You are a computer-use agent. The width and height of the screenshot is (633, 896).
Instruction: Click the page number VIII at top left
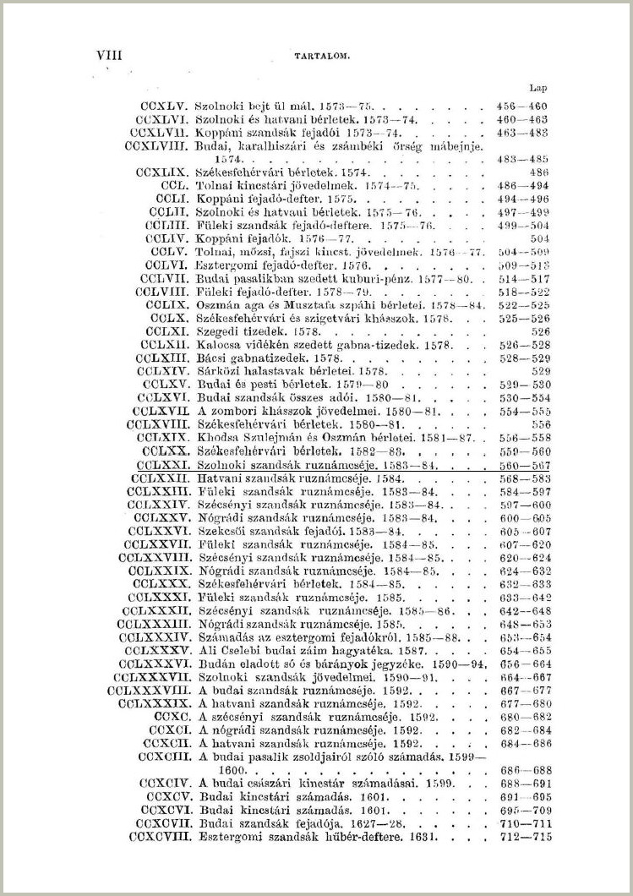point(110,56)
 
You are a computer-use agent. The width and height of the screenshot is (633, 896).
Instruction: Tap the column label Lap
point(538,87)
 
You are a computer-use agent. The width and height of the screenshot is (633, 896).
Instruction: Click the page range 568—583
point(522,478)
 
